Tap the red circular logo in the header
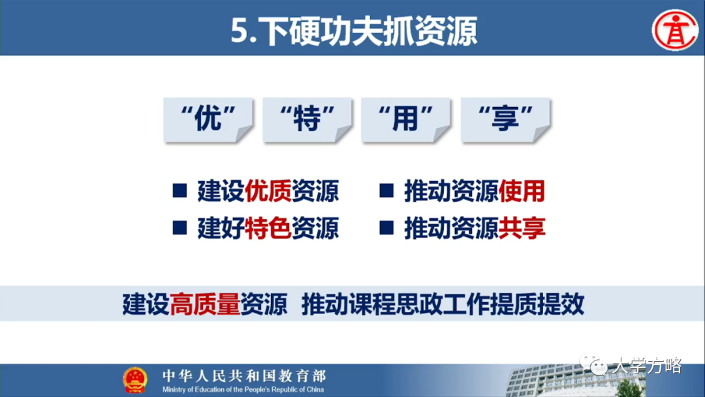[675, 30]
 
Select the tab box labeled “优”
[208, 120]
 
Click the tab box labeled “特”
[307, 120]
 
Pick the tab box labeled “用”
[406, 120]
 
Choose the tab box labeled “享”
[505, 120]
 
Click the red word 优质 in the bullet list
[268, 191]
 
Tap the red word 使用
[522, 191]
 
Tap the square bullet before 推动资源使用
[386, 191]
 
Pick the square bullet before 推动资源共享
[386, 228]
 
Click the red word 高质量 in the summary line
[205, 305]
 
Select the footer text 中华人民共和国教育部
[243, 375]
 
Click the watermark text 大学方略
[646, 366]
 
